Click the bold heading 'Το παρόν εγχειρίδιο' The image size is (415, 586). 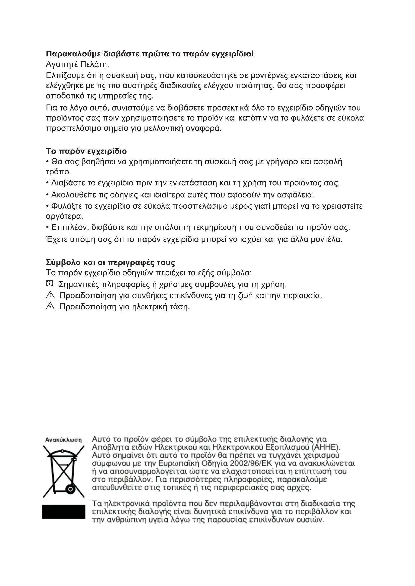click(86, 151)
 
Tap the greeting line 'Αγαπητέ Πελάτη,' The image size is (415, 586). click(78, 64)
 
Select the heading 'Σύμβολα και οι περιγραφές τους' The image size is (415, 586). click(110, 262)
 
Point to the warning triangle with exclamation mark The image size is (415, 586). click(50, 295)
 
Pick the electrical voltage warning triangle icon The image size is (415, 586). click(50, 306)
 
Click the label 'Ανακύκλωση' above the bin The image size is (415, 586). click(63, 440)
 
